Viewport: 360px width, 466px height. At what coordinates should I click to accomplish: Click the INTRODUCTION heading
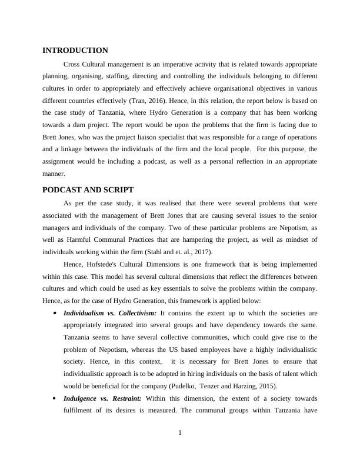(x=75, y=51)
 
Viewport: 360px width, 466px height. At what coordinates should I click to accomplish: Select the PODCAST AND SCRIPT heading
(x=88, y=189)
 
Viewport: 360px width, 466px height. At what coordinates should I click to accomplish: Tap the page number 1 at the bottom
(x=180, y=434)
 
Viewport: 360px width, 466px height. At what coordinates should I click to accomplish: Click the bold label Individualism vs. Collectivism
(x=109, y=313)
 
